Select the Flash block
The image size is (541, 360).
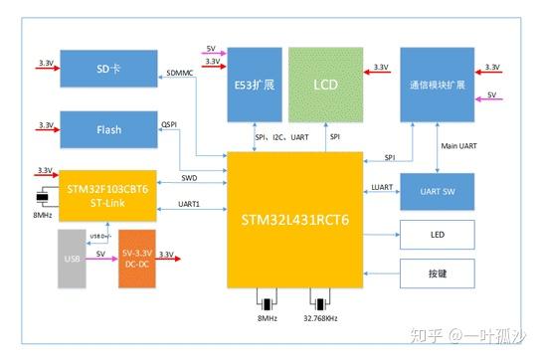click(108, 129)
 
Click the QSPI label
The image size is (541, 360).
click(169, 126)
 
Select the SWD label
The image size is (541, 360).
click(189, 179)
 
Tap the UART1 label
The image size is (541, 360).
click(189, 205)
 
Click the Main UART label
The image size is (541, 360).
click(459, 146)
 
